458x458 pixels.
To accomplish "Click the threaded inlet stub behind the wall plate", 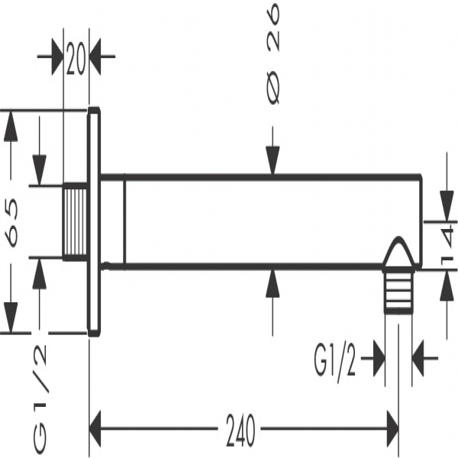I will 75,222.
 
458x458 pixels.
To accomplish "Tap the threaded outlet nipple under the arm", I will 398,291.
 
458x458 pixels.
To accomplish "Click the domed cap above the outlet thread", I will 398,256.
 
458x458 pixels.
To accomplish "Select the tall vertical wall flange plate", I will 95,221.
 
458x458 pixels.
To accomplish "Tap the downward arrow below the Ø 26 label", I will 273,163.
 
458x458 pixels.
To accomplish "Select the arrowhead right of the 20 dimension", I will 101,58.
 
